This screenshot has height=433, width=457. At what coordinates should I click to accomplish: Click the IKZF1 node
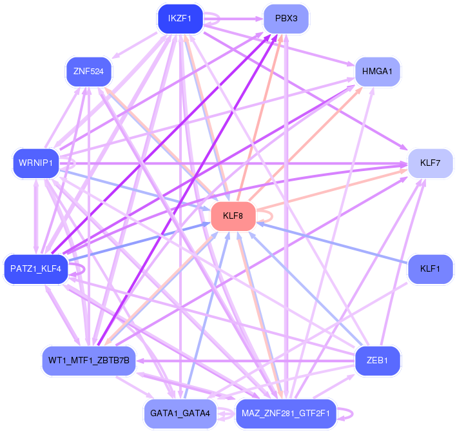pyautogui.click(x=180, y=19)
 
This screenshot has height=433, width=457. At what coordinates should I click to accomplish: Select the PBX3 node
pyautogui.click(x=286, y=19)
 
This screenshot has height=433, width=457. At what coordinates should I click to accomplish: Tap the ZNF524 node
pyautogui.click(x=88, y=72)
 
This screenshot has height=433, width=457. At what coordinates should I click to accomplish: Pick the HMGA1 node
pyautogui.click(x=377, y=72)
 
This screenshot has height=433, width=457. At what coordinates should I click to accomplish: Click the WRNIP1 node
pyautogui.click(x=36, y=163)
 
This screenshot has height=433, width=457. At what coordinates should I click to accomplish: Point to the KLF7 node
pyautogui.click(x=430, y=163)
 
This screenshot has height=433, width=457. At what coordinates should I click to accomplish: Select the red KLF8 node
pyautogui.click(x=233, y=216)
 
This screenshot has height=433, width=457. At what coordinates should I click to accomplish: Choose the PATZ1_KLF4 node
pyautogui.click(x=36, y=269)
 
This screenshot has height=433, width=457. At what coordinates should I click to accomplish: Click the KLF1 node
pyautogui.click(x=430, y=269)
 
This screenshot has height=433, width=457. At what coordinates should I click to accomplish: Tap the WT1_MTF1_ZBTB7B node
pyautogui.click(x=88, y=361)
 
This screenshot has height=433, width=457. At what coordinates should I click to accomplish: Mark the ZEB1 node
pyautogui.click(x=377, y=361)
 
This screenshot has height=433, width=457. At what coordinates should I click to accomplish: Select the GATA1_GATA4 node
pyautogui.click(x=180, y=414)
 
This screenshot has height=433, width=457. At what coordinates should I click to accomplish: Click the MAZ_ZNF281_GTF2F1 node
pyautogui.click(x=286, y=414)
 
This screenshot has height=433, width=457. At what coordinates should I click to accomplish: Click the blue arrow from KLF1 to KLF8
pyautogui.click(x=332, y=243)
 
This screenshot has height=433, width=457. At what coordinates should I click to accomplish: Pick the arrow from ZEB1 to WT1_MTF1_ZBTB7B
pyautogui.click(x=246, y=361)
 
